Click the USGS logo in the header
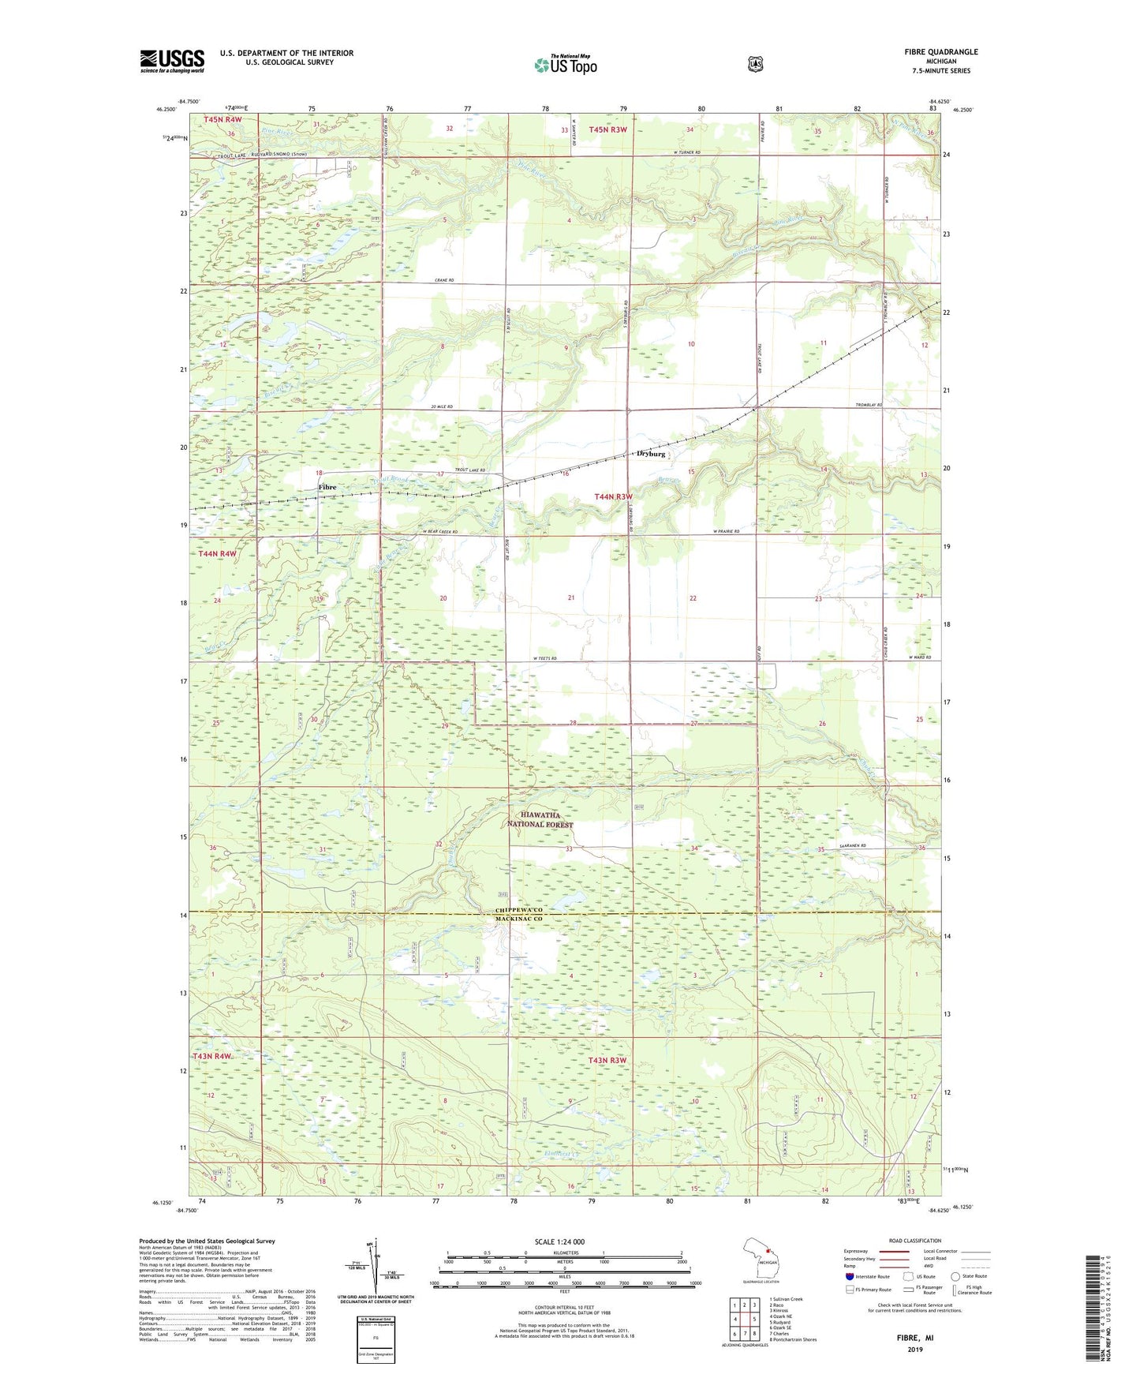pyautogui.click(x=172, y=61)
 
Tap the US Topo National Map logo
pyautogui.click(x=565, y=64)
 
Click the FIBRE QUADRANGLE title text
pyautogui.click(x=940, y=52)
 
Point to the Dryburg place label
pyautogui.click(x=651, y=455)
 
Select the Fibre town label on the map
pyautogui.click(x=327, y=487)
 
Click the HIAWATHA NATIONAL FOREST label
pyautogui.click(x=541, y=819)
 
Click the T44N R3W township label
pyautogui.click(x=613, y=496)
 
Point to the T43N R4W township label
pyautogui.click(x=212, y=1056)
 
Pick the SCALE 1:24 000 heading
pyautogui.click(x=559, y=1241)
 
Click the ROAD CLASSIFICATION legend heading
pyautogui.click(x=914, y=1241)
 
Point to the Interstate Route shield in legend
pyautogui.click(x=850, y=1276)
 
